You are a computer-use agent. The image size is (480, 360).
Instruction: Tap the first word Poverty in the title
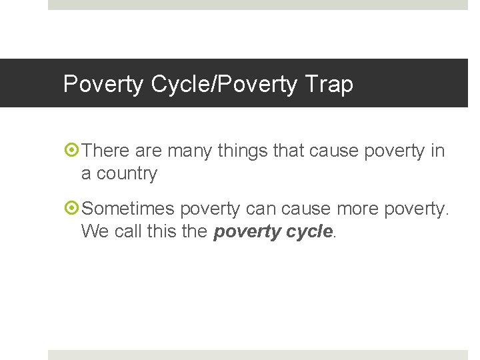103,85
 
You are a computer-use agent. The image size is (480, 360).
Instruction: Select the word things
243,152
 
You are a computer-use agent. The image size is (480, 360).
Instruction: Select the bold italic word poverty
245,232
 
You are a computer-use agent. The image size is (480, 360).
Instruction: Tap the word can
261,209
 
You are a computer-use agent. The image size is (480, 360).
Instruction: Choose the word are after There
149,151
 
